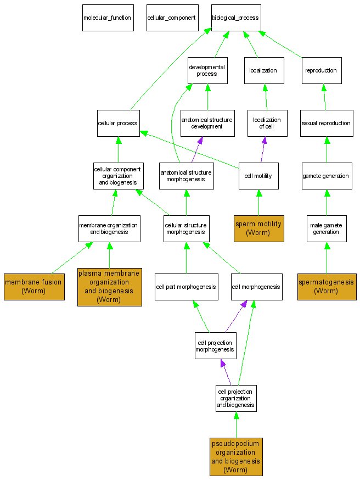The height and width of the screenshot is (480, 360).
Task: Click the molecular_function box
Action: (108, 18)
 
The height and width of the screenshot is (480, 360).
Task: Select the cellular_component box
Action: (171, 18)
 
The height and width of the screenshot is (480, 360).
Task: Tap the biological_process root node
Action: (236, 18)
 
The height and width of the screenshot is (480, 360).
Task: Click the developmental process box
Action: (207, 70)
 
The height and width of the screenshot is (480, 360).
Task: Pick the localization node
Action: (263, 70)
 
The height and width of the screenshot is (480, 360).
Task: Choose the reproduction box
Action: (322, 70)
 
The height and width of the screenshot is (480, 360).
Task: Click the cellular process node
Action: (118, 123)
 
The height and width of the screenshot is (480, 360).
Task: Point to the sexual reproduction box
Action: (327, 123)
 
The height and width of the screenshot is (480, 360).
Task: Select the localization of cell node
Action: (267, 123)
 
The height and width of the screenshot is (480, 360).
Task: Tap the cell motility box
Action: (258, 176)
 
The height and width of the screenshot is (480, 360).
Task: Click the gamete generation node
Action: (327, 176)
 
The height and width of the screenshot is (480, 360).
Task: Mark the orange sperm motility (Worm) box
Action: (258, 228)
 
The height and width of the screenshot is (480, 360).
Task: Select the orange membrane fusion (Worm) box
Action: (34, 286)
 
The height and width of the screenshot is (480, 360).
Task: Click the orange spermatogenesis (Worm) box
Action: (327, 286)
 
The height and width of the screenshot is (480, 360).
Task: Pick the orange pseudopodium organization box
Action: (236, 456)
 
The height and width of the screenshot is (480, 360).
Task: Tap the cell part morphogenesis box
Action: (186, 287)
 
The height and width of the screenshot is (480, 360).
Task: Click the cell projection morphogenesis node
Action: (216, 346)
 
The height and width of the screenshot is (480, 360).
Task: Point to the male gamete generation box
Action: (327, 228)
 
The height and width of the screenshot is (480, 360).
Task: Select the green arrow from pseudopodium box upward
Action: (236, 425)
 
